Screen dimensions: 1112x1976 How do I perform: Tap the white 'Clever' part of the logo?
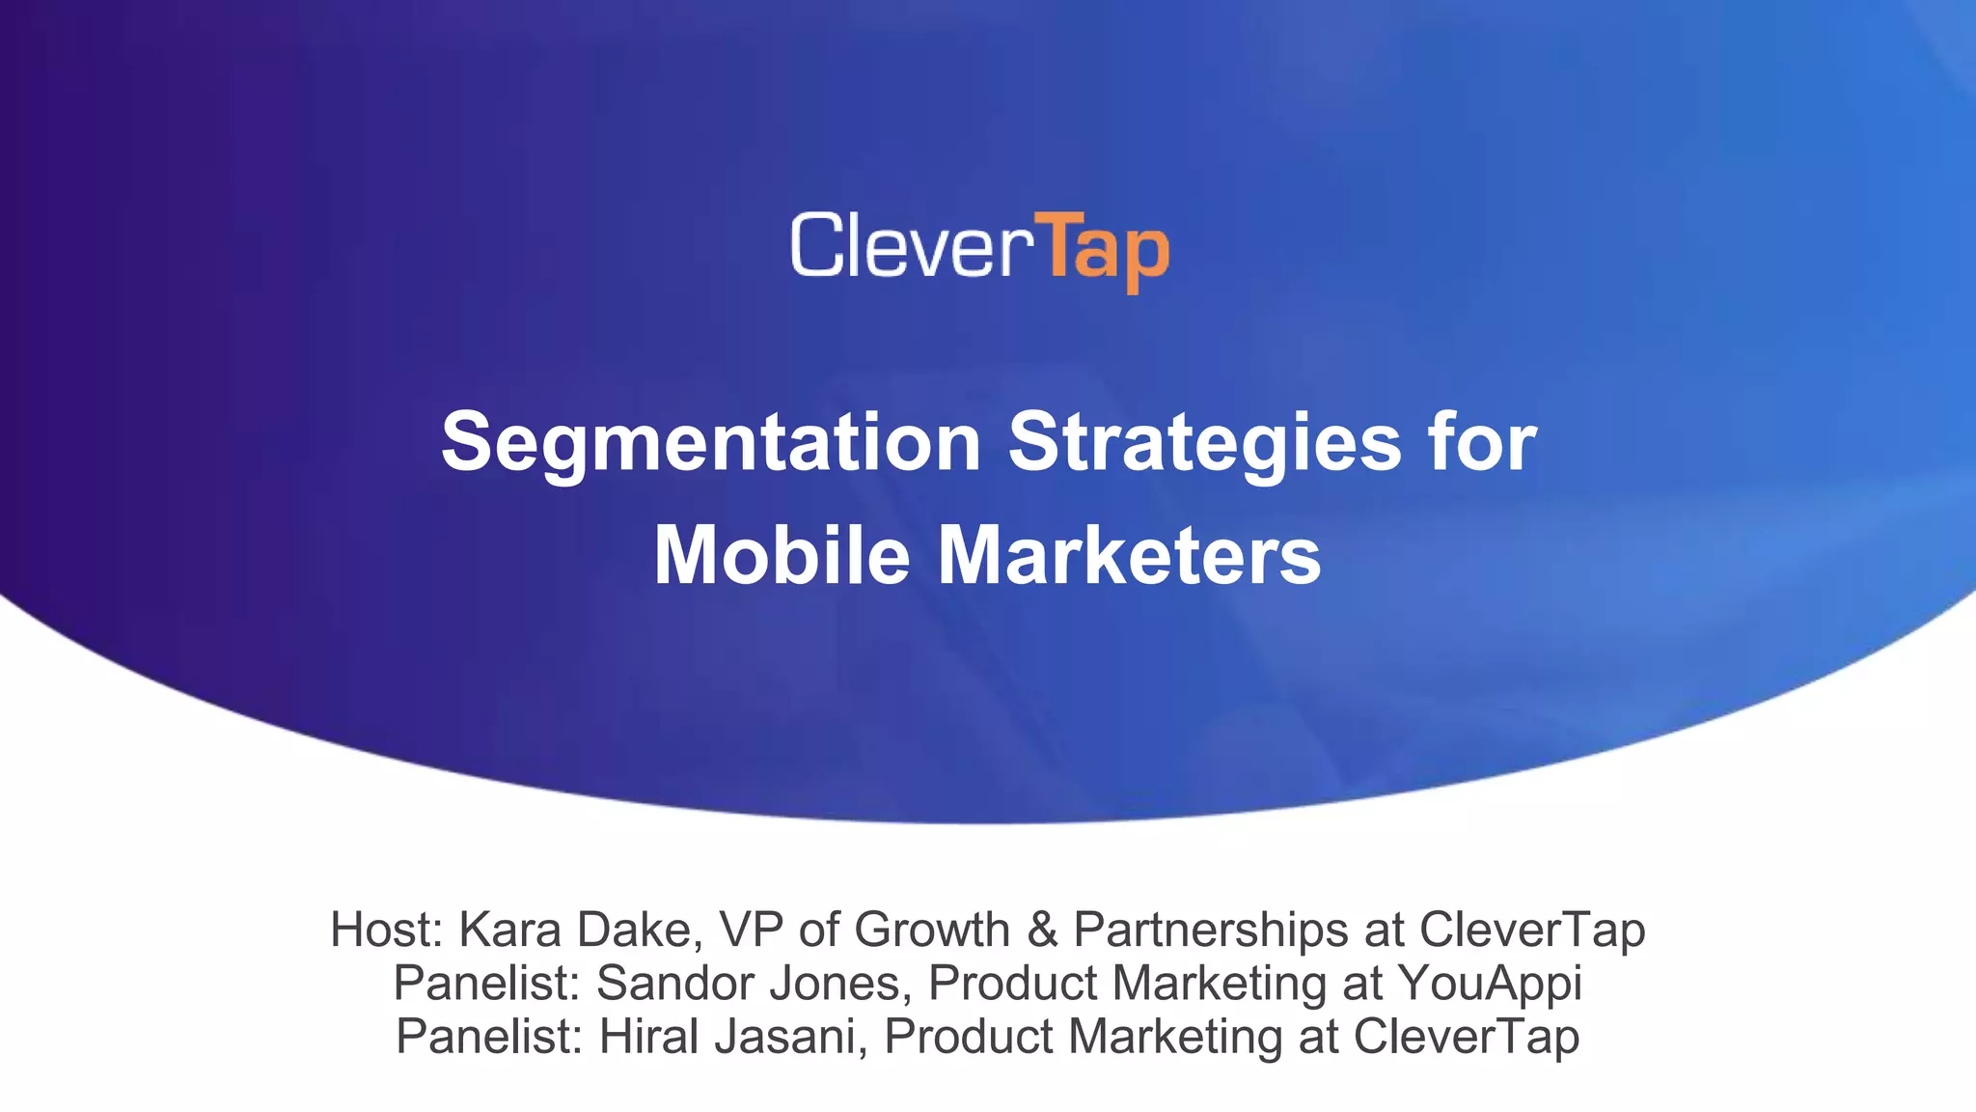[x=905, y=246]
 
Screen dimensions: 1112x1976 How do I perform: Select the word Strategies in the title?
[x=1204, y=442]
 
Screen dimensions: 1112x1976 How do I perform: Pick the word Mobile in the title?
[x=782, y=556]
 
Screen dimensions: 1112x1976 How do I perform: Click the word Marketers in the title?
[x=1129, y=556]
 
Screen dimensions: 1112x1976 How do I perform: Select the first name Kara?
[x=510, y=930]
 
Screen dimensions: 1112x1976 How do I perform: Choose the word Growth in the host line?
[x=932, y=930]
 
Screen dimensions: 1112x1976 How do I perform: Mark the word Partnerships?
[x=1211, y=930]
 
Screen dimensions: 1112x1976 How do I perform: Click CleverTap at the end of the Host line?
[x=1531, y=930]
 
